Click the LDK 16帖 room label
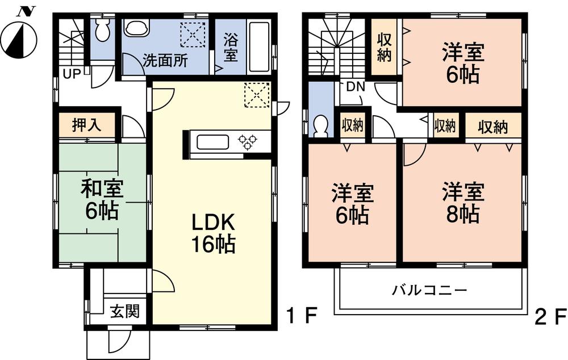pyautogui.click(x=212, y=233)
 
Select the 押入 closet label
pyautogui.click(x=87, y=125)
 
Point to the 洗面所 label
pyautogui.click(x=165, y=61)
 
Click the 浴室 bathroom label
pyautogui.click(x=231, y=48)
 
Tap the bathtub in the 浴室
pyautogui.click(x=259, y=47)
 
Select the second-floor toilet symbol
pyautogui.click(x=321, y=125)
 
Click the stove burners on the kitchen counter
pyautogui.click(x=247, y=141)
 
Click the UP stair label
pyautogui.click(x=71, y=73)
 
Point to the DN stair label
pyautogui.click(x=356, y=87)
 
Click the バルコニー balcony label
pyautogui.click(x=429, y=291)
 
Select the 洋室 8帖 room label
pyautogui.click(x=463, y=203)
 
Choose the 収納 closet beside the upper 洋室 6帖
pyautogui.click(x=383, y=48)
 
